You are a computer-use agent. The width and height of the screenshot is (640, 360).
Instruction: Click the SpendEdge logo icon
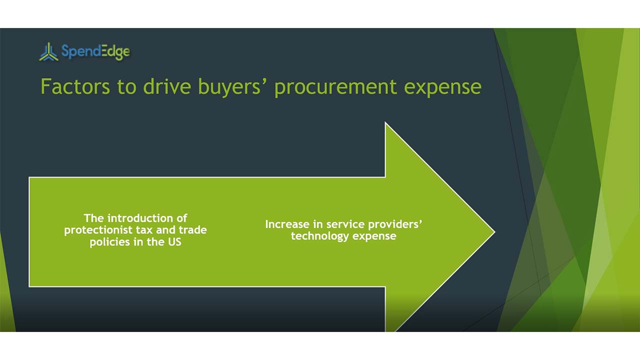pos(48,51)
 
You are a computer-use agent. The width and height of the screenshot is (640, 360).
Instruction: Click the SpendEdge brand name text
pos(95,51)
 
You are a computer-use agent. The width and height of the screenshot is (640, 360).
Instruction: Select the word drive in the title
pos(167,86)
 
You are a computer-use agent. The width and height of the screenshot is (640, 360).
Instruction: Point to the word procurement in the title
pos(336,87)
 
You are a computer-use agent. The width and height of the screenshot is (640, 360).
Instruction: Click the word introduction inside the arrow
pos(147,218)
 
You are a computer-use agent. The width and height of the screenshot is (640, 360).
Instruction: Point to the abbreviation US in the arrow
pos(174,242)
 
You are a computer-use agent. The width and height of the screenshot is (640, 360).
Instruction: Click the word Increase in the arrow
pos(287,224)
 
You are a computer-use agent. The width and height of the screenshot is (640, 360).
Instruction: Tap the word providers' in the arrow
pos(395,224)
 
